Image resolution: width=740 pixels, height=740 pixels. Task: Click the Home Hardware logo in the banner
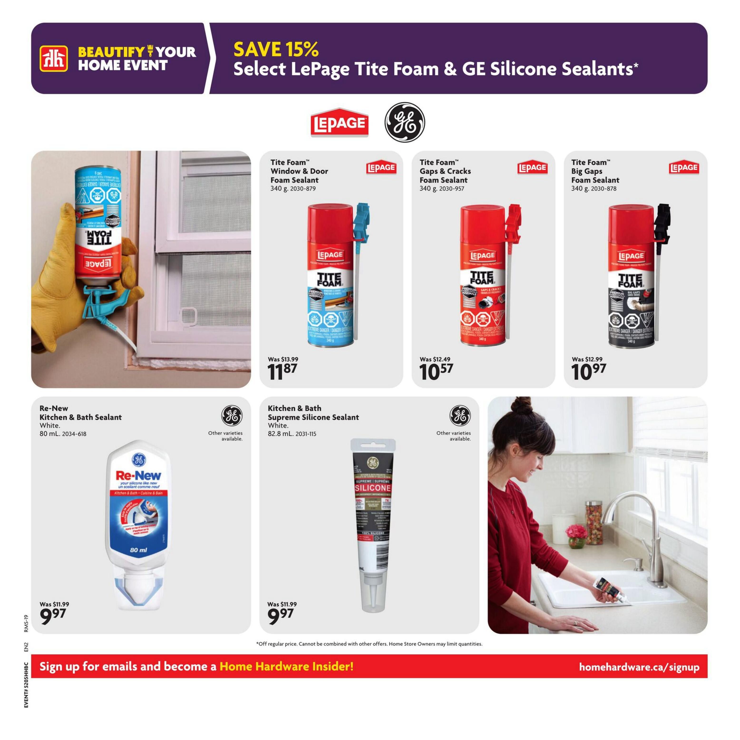tap(54, 58)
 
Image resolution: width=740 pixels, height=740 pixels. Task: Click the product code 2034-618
tap(74, 434)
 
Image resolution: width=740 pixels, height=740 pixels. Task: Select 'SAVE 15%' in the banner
tap(276, 49)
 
